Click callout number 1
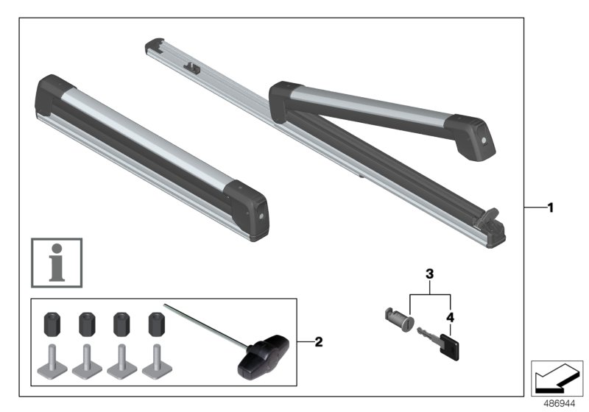[x=549, y=208]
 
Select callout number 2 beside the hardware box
[x=318, y=342]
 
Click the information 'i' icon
[x=57, y=262]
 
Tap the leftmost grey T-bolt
[x=52, y=359]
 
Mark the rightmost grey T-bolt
[x=154, y=359]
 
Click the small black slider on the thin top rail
[x=194, y=68]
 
